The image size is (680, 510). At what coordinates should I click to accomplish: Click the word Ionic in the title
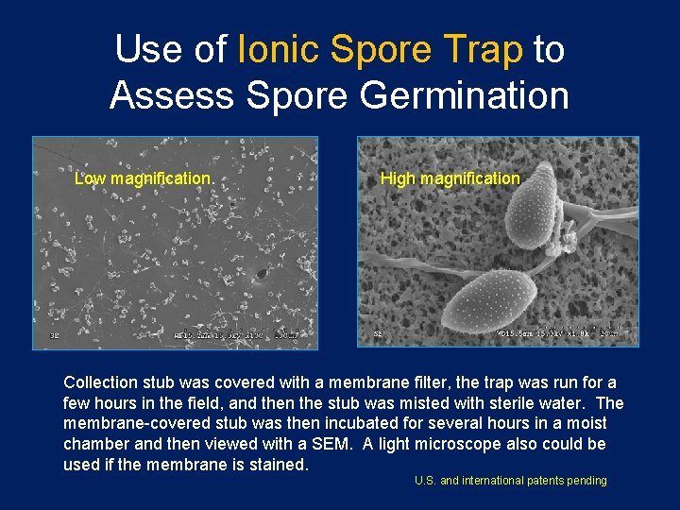pos(279,50)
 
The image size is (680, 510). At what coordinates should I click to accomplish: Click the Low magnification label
pos(143,178)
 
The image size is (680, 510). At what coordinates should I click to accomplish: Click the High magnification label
pos(450,178)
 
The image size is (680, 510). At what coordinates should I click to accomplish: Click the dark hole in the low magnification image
pos(260,275)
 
